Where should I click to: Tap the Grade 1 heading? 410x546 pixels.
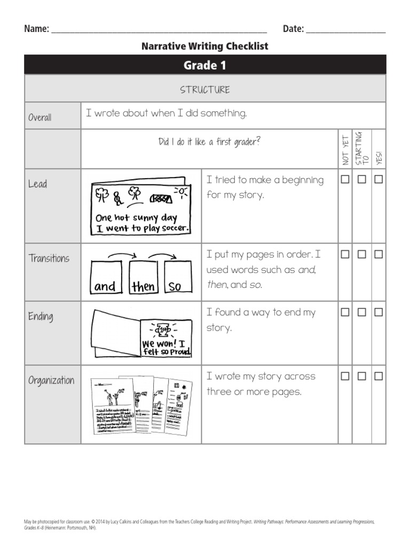pos(205,65)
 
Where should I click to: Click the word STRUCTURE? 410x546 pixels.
pos(205,90)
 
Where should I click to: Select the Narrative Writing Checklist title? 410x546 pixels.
pos(205,46)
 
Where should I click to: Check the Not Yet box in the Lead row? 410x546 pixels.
pos(345,180)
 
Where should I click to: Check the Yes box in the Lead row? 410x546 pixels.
pos(379,180)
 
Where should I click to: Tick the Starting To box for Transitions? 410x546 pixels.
pos(362,255)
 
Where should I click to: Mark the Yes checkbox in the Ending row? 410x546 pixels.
pos(379,312)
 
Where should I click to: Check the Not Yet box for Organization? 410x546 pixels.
pos(345,376)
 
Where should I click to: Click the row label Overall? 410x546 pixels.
pos(40,117)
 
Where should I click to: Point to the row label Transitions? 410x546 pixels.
pos(49,259)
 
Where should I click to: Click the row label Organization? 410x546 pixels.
pos(51,380)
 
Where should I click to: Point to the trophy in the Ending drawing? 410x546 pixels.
pos(162,329)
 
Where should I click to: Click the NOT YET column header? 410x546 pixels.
pos(345,150)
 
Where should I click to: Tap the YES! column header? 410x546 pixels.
pos(379,157)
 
